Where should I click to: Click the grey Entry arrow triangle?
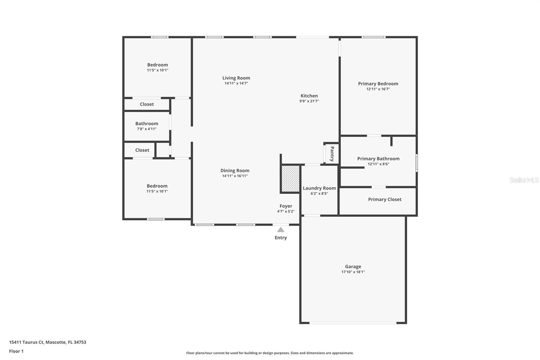pyautogui.click(x=280, y=229)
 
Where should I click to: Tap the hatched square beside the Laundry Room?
pyautogui.click(x=291, y=179)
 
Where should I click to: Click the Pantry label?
pyautogui.click(x=332, y=154)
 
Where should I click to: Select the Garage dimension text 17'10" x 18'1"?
pyautogui.click(x=353, y=272)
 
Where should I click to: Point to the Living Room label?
pyautogui.click(x=236, y=78)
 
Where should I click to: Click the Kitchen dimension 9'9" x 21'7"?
pyautogui.click(x=309, y=101)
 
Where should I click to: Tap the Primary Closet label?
pyautogui.click(x=385, y=199)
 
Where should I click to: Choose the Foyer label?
pyautogui.click(x=286, y=206)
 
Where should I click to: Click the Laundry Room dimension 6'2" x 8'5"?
pyautogui.click(x=319, y=194)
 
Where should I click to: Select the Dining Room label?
pyautogui.click(x=235, y=171)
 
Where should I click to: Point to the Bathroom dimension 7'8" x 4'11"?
pyautogui.click(x=146, y=129)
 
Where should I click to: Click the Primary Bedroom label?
pyautogui.click(x=378, y=84)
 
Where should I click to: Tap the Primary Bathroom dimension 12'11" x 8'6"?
pyautogui.click(x=378, y=164)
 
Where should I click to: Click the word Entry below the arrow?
pyautogui.click(x=280, y=238)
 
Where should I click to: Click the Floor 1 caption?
pyautogui.click(x=17, y=351)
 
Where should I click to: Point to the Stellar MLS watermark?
pyautogui.click(x=524, y=180)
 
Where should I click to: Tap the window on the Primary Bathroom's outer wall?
pyautogui.click(x=416, y=163)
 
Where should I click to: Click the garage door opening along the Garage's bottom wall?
pyautogui.click(x=353, y=323)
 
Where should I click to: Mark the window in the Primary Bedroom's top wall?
pyautogui.click(x=374, y=37)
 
